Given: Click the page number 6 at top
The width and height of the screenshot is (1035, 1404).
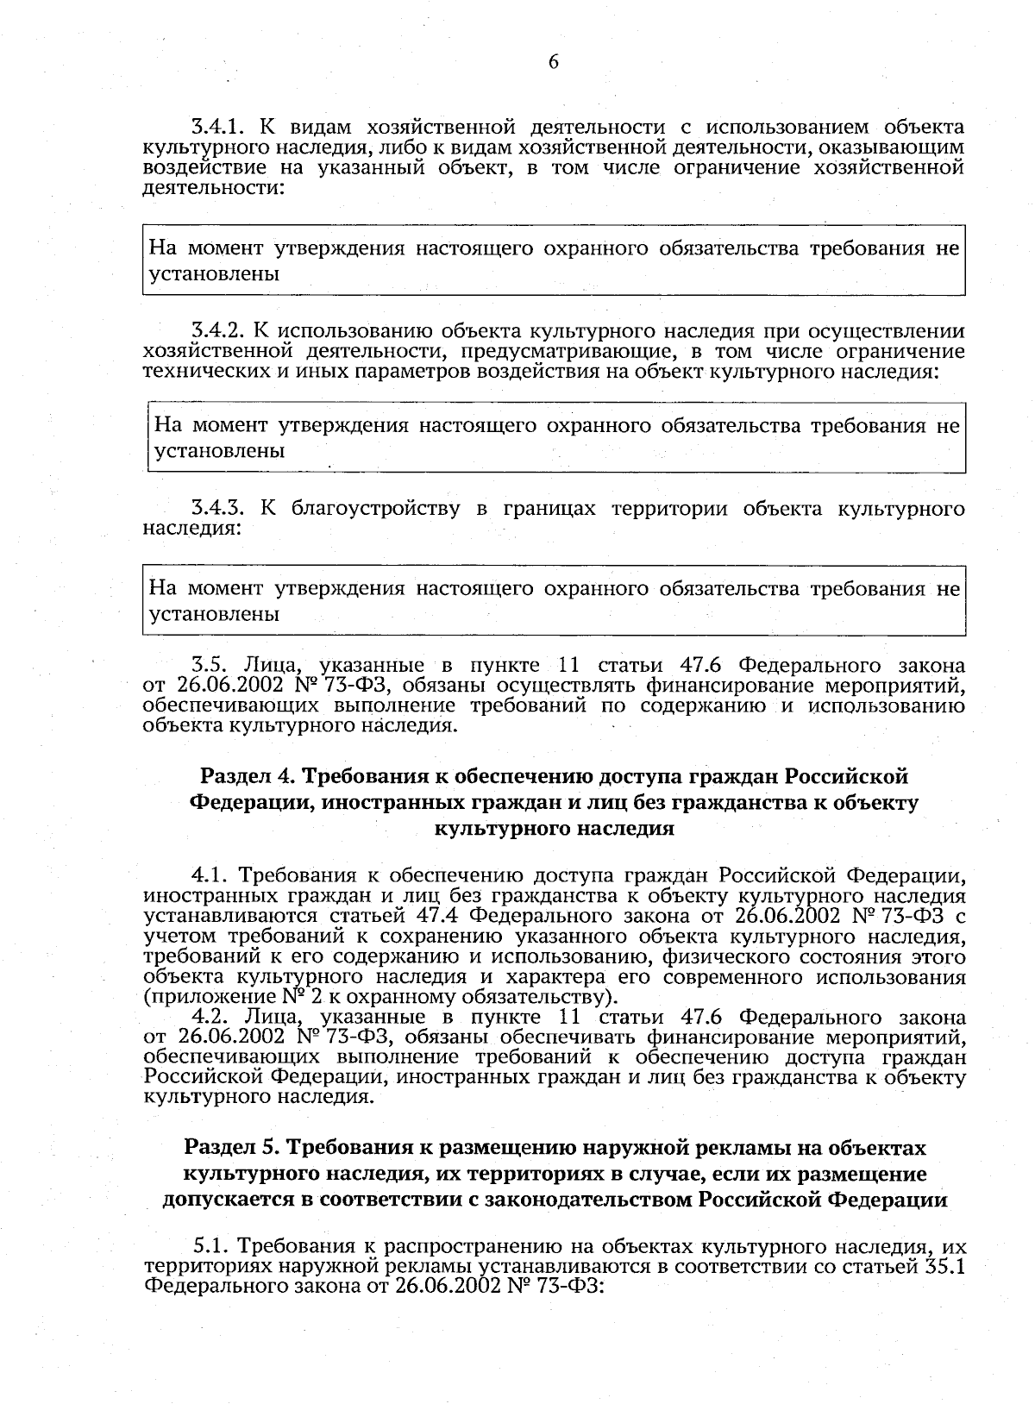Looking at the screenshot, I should pyautogui.click(x=553, y=62).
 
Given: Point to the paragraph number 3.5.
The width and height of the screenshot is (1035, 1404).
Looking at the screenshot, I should pyautogui.click(x=209, y=666).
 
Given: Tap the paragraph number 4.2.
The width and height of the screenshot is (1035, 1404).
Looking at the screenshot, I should pyautogui.click(x=209, y=1017).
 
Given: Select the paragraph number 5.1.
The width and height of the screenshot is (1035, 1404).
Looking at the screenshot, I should pyautogui.click(x=210, y=1247).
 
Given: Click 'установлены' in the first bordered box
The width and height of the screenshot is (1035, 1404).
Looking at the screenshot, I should pyautogui.click(x=215, y=275).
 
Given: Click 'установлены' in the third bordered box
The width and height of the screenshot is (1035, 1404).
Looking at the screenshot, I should pyautogui.click(x=215, y=615).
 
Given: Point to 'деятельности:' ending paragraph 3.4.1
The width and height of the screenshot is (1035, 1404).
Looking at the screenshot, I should pyautogui.click(x=213, y=188).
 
